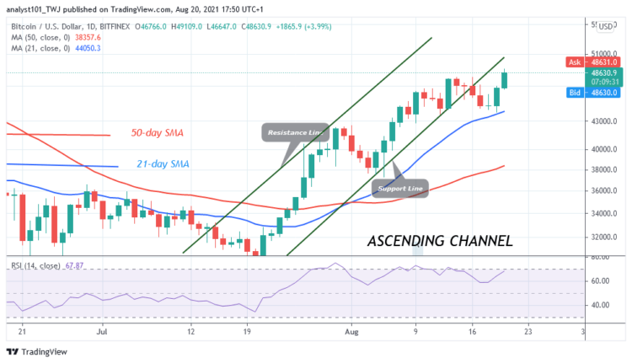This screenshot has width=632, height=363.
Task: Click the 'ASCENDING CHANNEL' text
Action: point(440,241)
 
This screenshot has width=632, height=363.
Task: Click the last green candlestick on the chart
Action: point(505,80)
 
